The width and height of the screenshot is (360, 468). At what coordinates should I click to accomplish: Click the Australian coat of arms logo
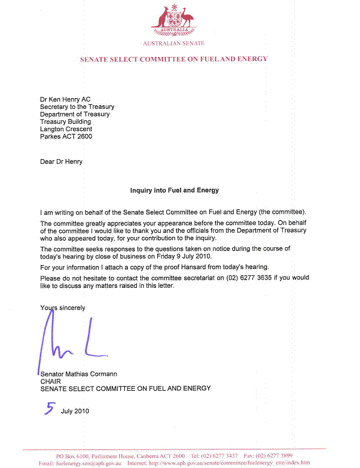[x=173, y=20]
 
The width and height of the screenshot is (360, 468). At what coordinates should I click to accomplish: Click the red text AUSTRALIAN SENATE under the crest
[x=173, y=44]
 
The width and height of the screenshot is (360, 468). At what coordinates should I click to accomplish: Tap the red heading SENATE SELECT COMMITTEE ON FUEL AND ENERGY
[x=173, y=59]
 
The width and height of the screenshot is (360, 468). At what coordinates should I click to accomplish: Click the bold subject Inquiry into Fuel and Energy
[x=175, y=190]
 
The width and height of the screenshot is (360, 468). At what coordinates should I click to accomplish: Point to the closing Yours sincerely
[x=62, y=308]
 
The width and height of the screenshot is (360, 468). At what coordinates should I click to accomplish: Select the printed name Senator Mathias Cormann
[x=79, y=373]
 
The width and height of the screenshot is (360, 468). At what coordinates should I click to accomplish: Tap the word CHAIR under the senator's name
[x=51, y=381]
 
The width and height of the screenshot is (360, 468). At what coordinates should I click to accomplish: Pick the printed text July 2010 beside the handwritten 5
[x=75, y=412]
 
